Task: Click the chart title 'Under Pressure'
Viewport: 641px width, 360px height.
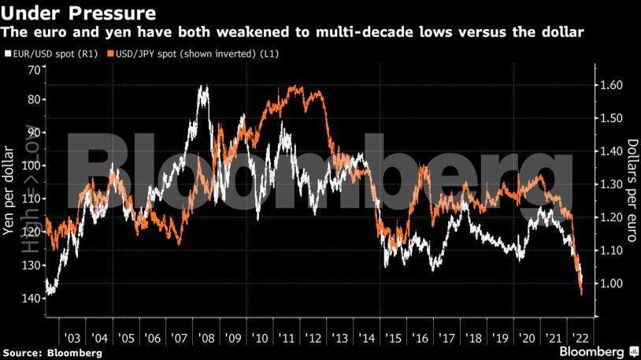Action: tap(77, 13)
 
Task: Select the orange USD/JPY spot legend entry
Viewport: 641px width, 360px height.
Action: tap(184, 54)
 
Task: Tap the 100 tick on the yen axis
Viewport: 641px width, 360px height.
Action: tap(30, 166)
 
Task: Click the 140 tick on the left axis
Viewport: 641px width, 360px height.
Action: tap(30, 298)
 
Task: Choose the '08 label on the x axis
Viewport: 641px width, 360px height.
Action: tap(207, 334)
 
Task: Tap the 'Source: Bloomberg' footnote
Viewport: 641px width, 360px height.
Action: tap(52, 352)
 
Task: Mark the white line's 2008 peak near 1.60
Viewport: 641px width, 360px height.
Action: tap(204, 87)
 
